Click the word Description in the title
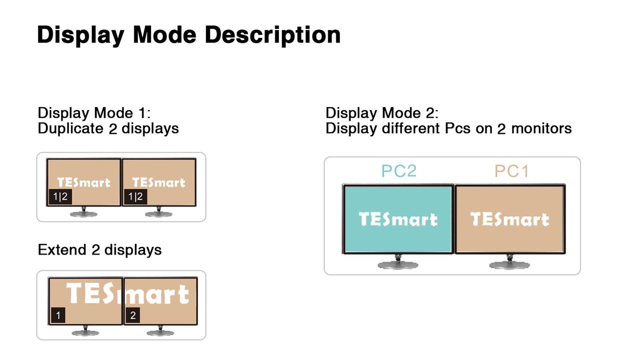click(x=273, y=35)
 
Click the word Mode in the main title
click(x=165, y=35)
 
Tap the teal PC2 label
click(x=399, y=171)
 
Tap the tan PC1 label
click(x=511, y=171)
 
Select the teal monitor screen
click(x=398, y=219)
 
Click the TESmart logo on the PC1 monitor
click(x=509, y=219)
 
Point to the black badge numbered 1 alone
click(x=58, y=315)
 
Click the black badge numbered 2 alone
click(x=133, y=315)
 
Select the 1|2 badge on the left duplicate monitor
click(x=60, y=196)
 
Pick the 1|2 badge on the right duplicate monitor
click(x=135, y=196)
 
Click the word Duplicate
click(x=70, y=128)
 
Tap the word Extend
click(x=62, y=249)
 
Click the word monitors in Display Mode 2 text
click(x=541, y=128)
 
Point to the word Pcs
click(x=457, y=128)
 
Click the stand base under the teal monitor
click(x=398, y=265)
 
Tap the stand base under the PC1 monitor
click(x=509, y=265)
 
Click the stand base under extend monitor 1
click(x=85, y=332)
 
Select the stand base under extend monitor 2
click(x=160, y=332)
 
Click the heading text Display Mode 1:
click(x=94, y=113)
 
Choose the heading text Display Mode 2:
click(x=382, y=113)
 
